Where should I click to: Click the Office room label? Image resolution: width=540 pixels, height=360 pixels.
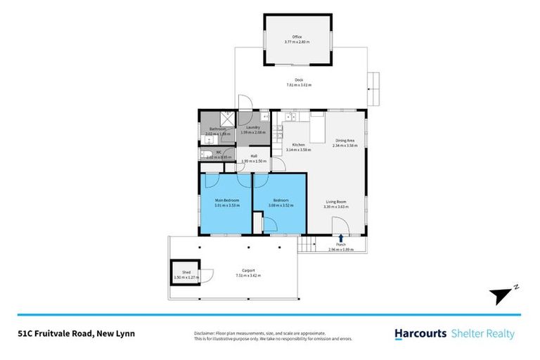click(297, 37)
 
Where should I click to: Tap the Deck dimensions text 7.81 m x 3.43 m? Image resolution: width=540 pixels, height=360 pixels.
click(298, 85)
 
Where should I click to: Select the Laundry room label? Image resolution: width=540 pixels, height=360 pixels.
click(252, 127)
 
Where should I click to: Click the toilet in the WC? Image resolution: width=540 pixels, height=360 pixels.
click(207, 155)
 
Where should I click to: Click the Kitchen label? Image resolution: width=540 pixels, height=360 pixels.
click(298, 144)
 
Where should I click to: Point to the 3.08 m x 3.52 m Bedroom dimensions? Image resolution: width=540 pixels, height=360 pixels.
click(279, 206)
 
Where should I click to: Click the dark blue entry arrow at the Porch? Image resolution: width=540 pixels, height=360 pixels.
click(342, 238)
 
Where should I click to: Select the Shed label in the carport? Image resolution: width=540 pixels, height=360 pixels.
click(186, 272)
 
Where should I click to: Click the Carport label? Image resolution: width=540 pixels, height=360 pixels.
click(247, 270)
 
